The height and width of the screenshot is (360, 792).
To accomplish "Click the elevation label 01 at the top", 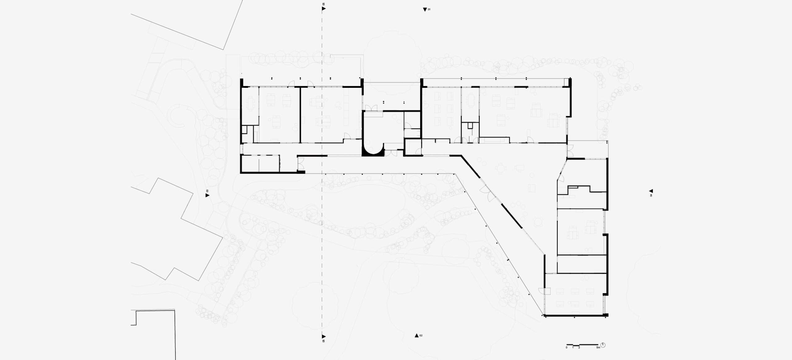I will pos(429,10).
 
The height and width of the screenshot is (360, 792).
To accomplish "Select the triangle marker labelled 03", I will pos(207,195).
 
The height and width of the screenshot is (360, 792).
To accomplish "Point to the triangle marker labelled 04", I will pos(651,191).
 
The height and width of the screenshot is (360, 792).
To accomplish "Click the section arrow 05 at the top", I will pos(324,9).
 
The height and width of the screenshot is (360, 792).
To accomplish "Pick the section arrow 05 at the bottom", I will pos(324,336).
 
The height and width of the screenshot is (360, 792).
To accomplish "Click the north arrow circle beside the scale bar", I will pos(603,345).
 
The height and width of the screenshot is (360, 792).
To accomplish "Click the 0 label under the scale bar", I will pos(566,348).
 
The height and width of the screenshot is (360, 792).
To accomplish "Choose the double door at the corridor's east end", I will pos(570,151).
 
